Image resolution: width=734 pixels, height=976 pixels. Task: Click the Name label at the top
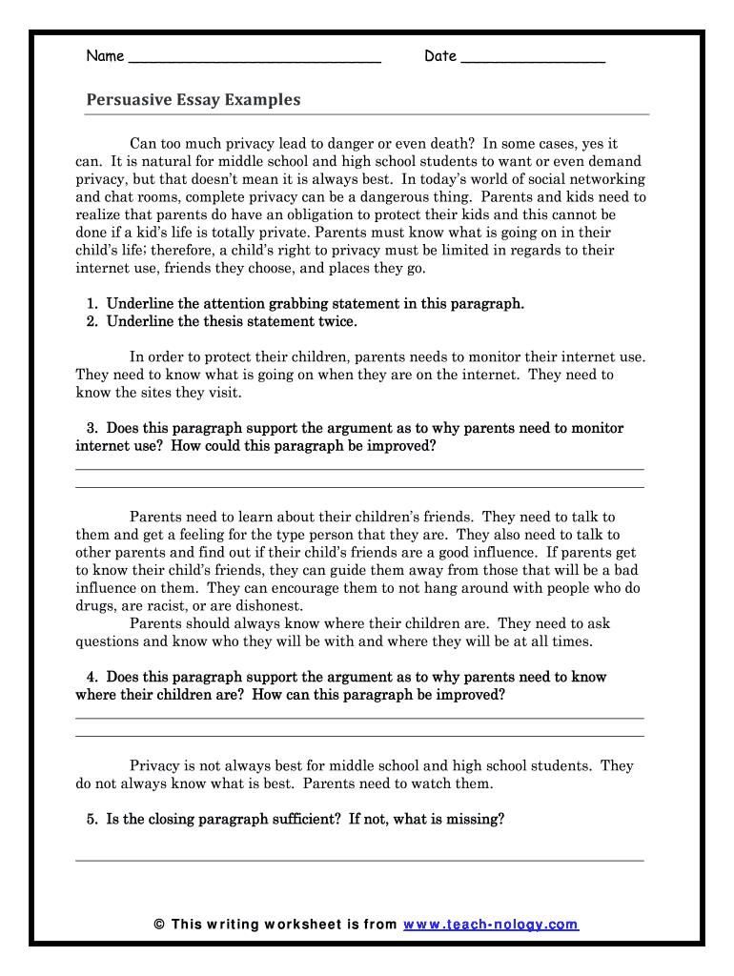coord(105,56)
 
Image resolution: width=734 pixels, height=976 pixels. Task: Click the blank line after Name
coord(254,59)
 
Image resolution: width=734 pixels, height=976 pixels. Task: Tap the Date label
coord(440,56)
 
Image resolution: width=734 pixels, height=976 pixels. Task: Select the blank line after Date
coord(532,59)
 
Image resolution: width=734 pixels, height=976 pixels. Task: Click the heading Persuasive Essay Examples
coord(194,100)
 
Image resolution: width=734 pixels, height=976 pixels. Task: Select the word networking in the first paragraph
coord(609,179)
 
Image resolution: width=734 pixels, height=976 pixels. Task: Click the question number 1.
coord(92,304)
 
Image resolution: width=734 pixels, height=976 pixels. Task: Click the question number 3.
coord(92,429)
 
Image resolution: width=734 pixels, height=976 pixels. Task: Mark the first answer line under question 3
coord(359,469)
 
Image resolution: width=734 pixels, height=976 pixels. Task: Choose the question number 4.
coord(92,678)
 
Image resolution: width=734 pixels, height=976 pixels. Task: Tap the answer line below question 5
coord(359,860)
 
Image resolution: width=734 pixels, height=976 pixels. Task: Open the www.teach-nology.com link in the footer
coord(491,925)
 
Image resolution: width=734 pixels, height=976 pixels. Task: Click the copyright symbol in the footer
coord(159,925)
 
